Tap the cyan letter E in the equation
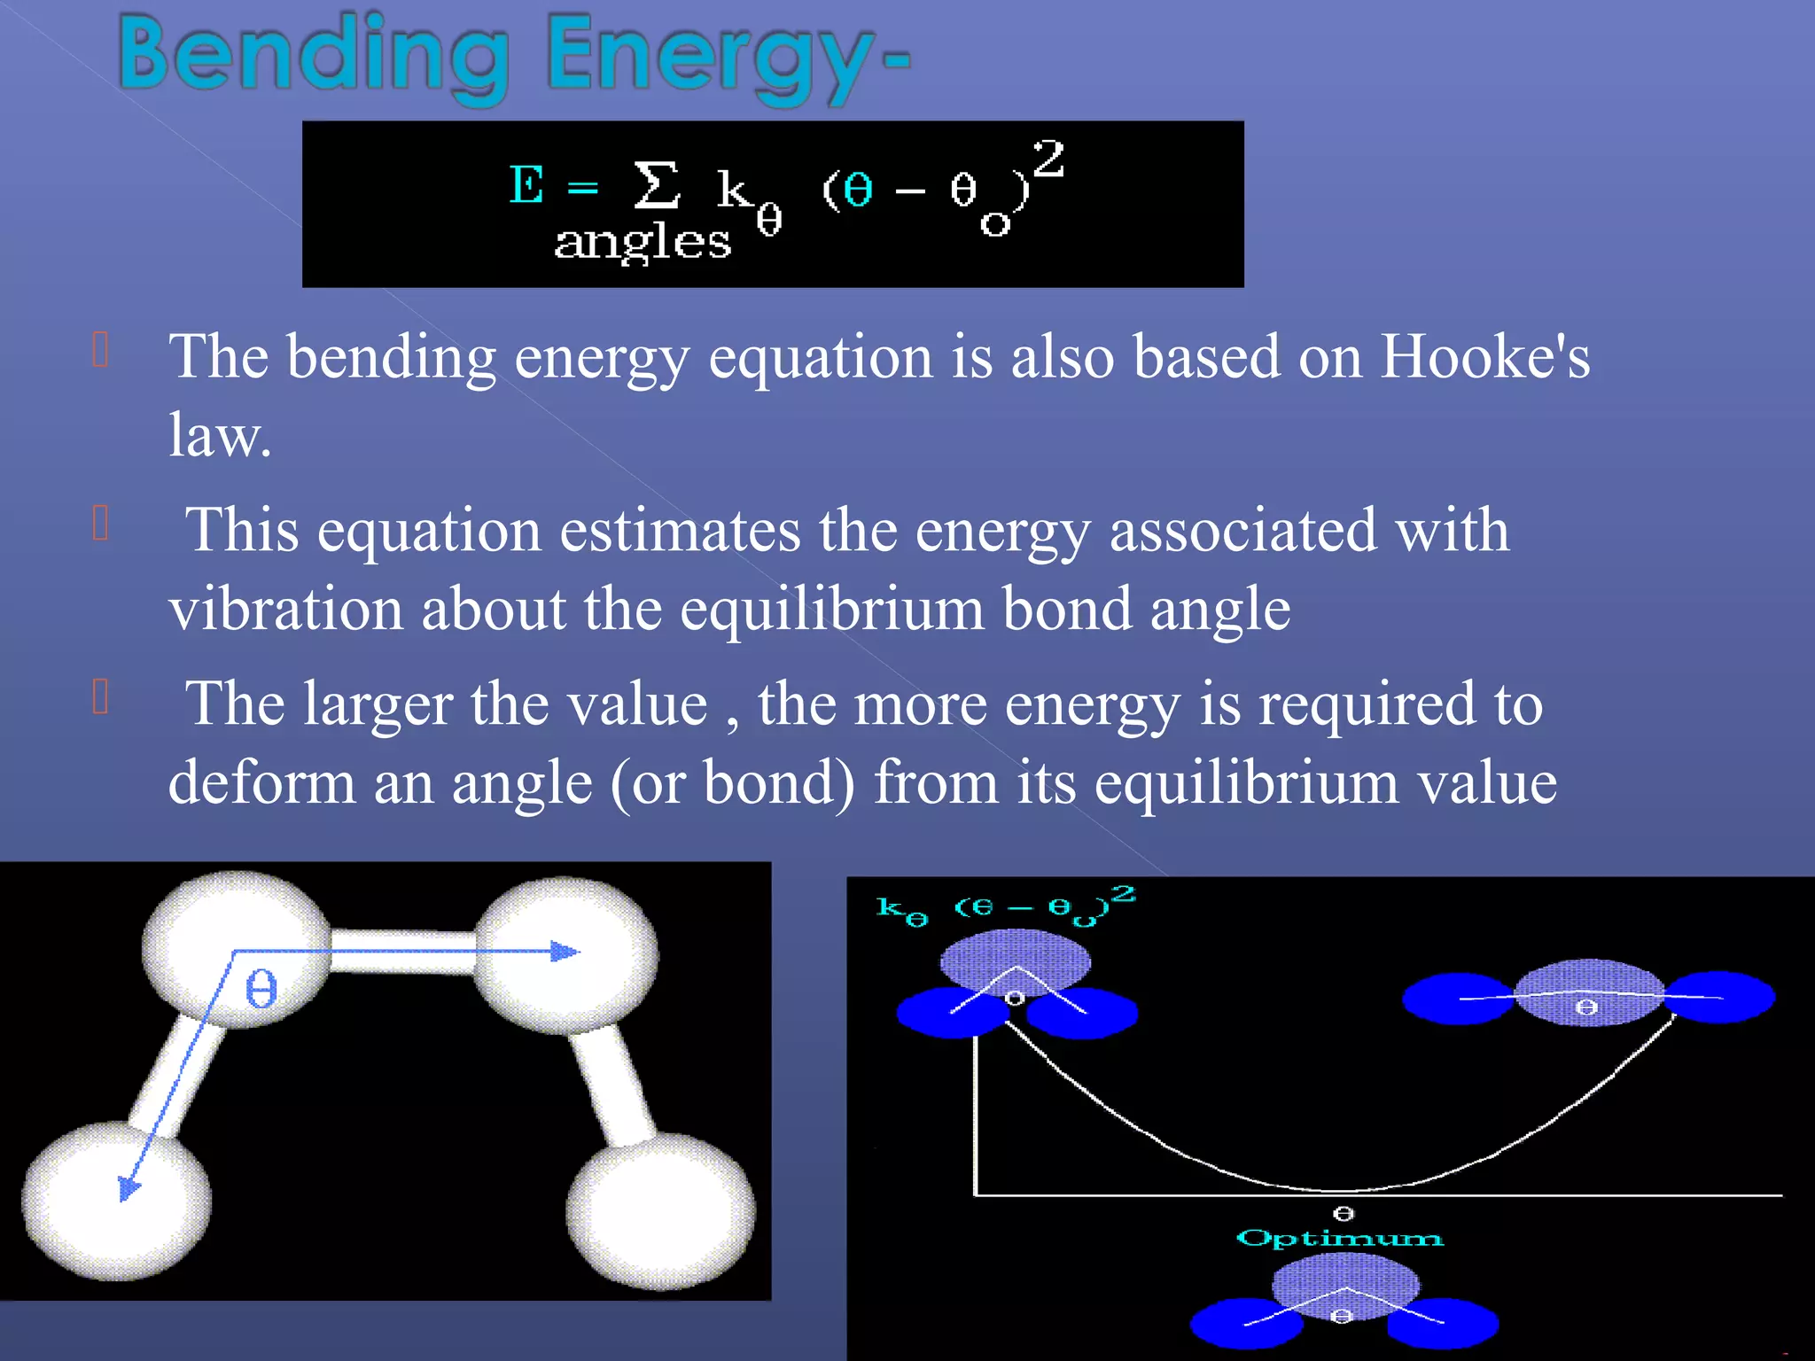[526, 185]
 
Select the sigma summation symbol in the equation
[657, 185]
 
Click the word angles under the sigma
[643, 242]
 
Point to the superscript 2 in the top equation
[1048, 159]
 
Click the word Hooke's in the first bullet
[1485, 357]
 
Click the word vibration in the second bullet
[285, 610]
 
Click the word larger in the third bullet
[378, 704]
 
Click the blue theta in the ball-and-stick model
[261, 988]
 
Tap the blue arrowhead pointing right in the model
[565, 952]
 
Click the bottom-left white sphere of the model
[116, 1201]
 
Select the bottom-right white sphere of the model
[661, 1211]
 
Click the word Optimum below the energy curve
[1339, 1238]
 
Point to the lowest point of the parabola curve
[1343, 1190]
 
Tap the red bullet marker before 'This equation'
[100, 523]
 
